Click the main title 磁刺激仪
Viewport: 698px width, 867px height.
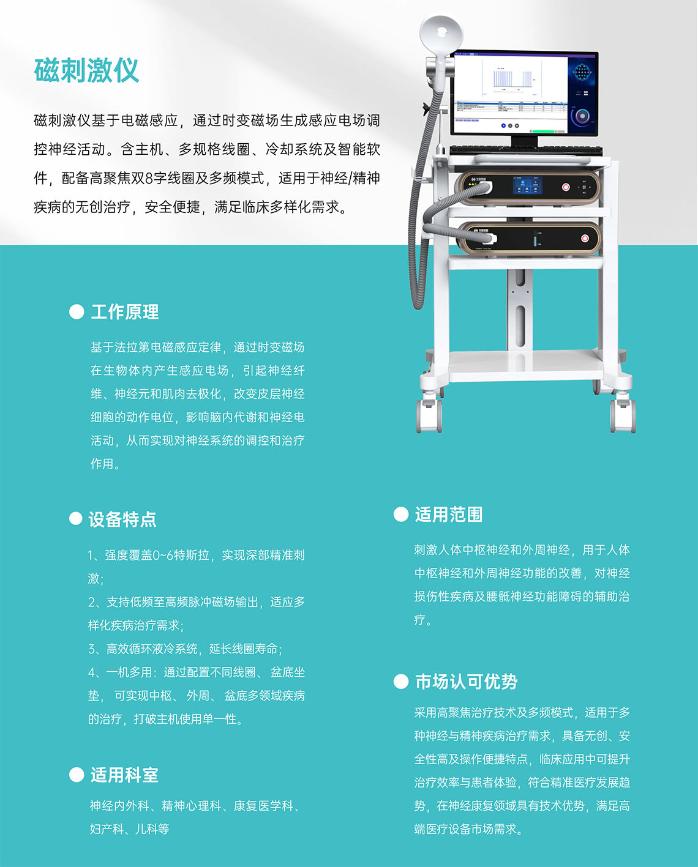pos(86,70)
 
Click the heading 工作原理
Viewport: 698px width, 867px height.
pos(125,312)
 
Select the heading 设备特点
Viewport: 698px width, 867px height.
pos(122,519)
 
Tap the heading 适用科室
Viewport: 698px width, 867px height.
pos(124,775)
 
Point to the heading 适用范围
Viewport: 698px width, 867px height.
pos(449,515)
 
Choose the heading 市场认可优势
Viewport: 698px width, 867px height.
pos(466,682)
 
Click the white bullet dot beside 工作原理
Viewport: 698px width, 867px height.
pos(77,312)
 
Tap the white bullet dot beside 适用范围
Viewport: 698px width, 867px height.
pos(401,515)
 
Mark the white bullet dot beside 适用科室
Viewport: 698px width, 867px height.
pos(77,775)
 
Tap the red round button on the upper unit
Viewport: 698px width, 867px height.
pos(566,187)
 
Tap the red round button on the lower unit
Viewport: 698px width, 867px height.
pos(584,238)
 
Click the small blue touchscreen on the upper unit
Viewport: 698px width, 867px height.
pos(527,185)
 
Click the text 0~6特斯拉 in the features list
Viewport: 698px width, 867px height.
pos(181,556)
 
